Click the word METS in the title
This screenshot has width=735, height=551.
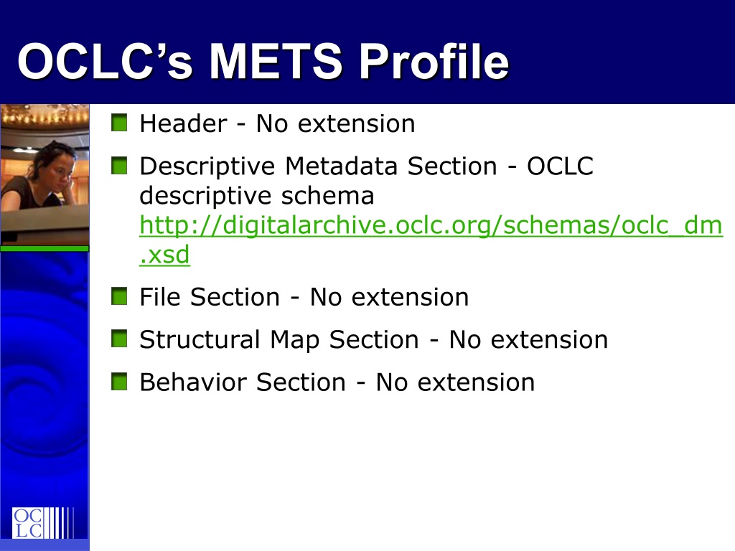tap(276, 61)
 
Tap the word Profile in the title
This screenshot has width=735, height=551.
tap(434, 61)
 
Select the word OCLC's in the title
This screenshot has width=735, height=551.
tap(105, 61)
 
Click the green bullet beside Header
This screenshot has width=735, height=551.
tap(119, 123)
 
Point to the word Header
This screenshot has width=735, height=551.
tap(183, 123)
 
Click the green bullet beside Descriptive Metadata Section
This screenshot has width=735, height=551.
tap(119, 166)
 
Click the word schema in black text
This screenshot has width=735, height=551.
tap(327, 195)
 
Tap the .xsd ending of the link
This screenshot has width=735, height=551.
tap(164, 255)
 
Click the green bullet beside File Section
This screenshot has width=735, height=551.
tap(119, 296)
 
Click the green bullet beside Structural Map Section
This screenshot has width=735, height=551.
tap(119, 339)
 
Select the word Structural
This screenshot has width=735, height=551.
tap(200, 339)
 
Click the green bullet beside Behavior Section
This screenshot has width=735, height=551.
tap(119, 382)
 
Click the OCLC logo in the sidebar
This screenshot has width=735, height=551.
tap(43, 522)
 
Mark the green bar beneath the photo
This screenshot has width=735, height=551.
tap(45, 249)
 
